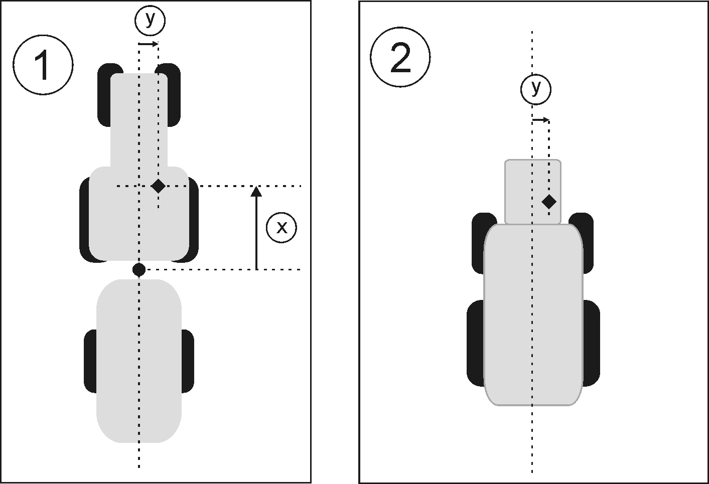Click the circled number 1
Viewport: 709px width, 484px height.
(x=43, y=65)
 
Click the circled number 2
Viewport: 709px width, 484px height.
(x=400, y=58)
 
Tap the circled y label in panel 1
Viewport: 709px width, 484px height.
(x=150, y=21)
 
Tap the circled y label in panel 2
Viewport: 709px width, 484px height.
(x=535, y=89)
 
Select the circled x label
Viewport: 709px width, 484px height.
(x=281, y=228)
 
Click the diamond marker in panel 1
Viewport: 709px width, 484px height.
(x=159, y=186)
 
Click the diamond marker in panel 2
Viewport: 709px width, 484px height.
(x=549, y=202)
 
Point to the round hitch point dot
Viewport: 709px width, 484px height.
(x=139, y=270)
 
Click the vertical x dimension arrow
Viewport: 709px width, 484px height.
(x=256, y=228)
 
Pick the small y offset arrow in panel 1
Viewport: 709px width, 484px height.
(x=149, y=44)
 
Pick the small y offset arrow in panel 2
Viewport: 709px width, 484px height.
(x=541, y=120)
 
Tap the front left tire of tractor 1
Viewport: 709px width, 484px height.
(x=104, y=95)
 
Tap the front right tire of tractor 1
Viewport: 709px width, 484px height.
(x=174, y=95)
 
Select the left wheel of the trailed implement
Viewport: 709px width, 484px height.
(x=90, y=361)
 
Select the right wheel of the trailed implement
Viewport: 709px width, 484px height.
(x=188, y=361)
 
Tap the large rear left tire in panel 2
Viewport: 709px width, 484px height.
(x=475, y=344)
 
